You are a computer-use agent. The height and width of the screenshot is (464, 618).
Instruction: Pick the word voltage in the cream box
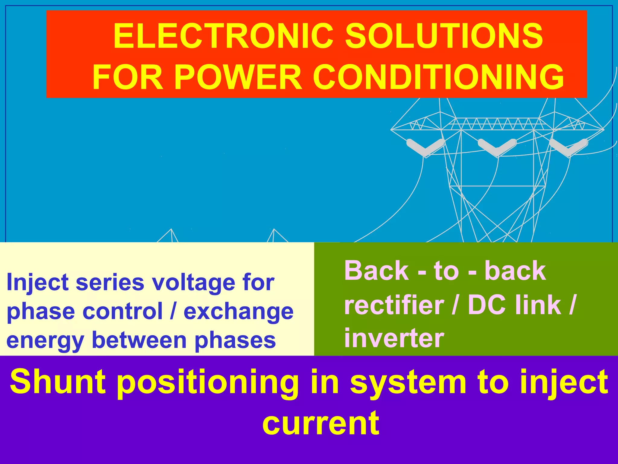pos(193,282)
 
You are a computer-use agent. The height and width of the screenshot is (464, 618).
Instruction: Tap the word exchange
pos(238,312)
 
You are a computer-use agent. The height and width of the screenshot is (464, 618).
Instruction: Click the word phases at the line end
pos(235,341)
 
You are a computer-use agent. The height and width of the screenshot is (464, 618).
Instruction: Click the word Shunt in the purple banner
pos(58,382)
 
